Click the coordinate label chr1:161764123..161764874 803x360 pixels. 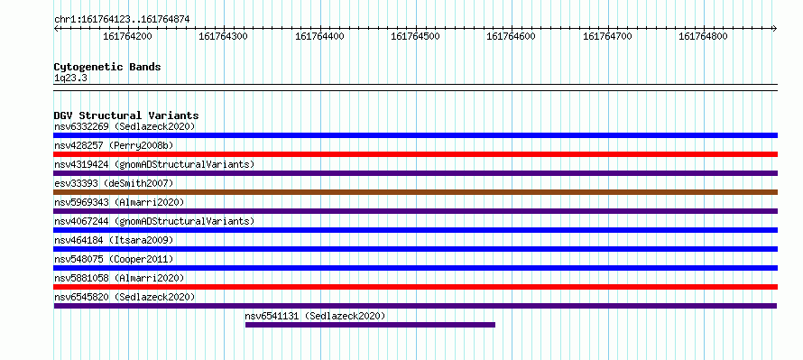pos(122,20)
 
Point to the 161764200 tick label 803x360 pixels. pos(127,36)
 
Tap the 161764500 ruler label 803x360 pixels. pos(415,36)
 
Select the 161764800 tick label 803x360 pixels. pos(703,36)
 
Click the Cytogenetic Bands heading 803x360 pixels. pos(107,67)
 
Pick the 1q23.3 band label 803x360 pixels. pos(70,78)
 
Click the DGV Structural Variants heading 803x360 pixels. pos(126,115)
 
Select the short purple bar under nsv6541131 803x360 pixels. pos(370,325)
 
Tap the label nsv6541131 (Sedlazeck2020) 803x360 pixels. pos(315,316)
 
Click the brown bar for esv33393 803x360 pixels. pos(416,192)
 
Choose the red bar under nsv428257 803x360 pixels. pos(416,154)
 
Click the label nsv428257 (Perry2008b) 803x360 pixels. pos(114,145)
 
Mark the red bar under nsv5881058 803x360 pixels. pos(416,287)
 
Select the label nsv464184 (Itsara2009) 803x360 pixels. pos(114,240)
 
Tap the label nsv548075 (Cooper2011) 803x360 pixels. pos(114,259)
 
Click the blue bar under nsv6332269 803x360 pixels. pos(416,135)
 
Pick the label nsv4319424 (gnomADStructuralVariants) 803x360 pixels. pos(154,164)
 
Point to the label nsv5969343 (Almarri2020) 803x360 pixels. pos(119,202)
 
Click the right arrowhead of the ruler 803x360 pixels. pos(776,28)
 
